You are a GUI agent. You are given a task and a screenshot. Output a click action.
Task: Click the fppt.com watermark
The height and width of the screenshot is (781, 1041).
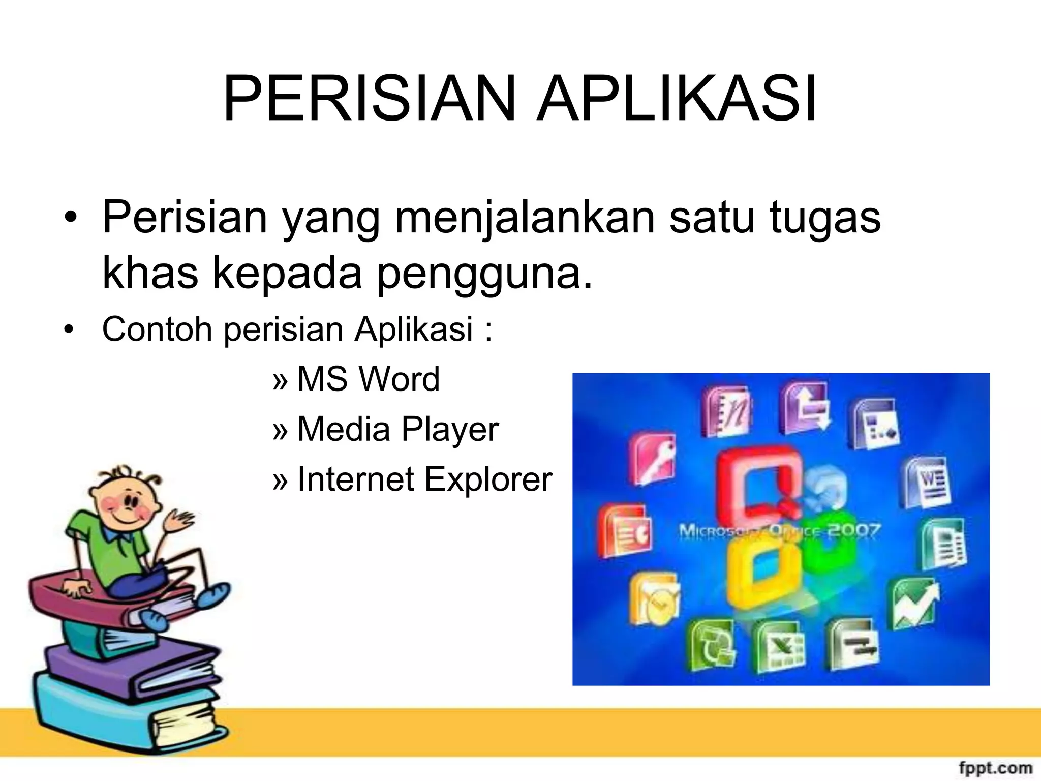click(x=995, y=767)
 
